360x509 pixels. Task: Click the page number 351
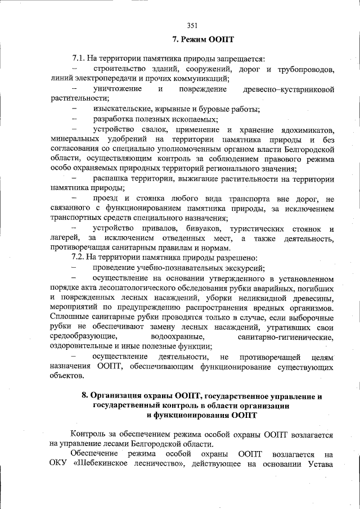click(192, 25)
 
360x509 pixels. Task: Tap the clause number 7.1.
click(79, 58)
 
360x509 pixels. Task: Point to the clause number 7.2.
click(79, 256)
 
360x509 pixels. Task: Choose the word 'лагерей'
click(64, 238)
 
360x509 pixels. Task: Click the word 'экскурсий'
click(246, 267)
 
